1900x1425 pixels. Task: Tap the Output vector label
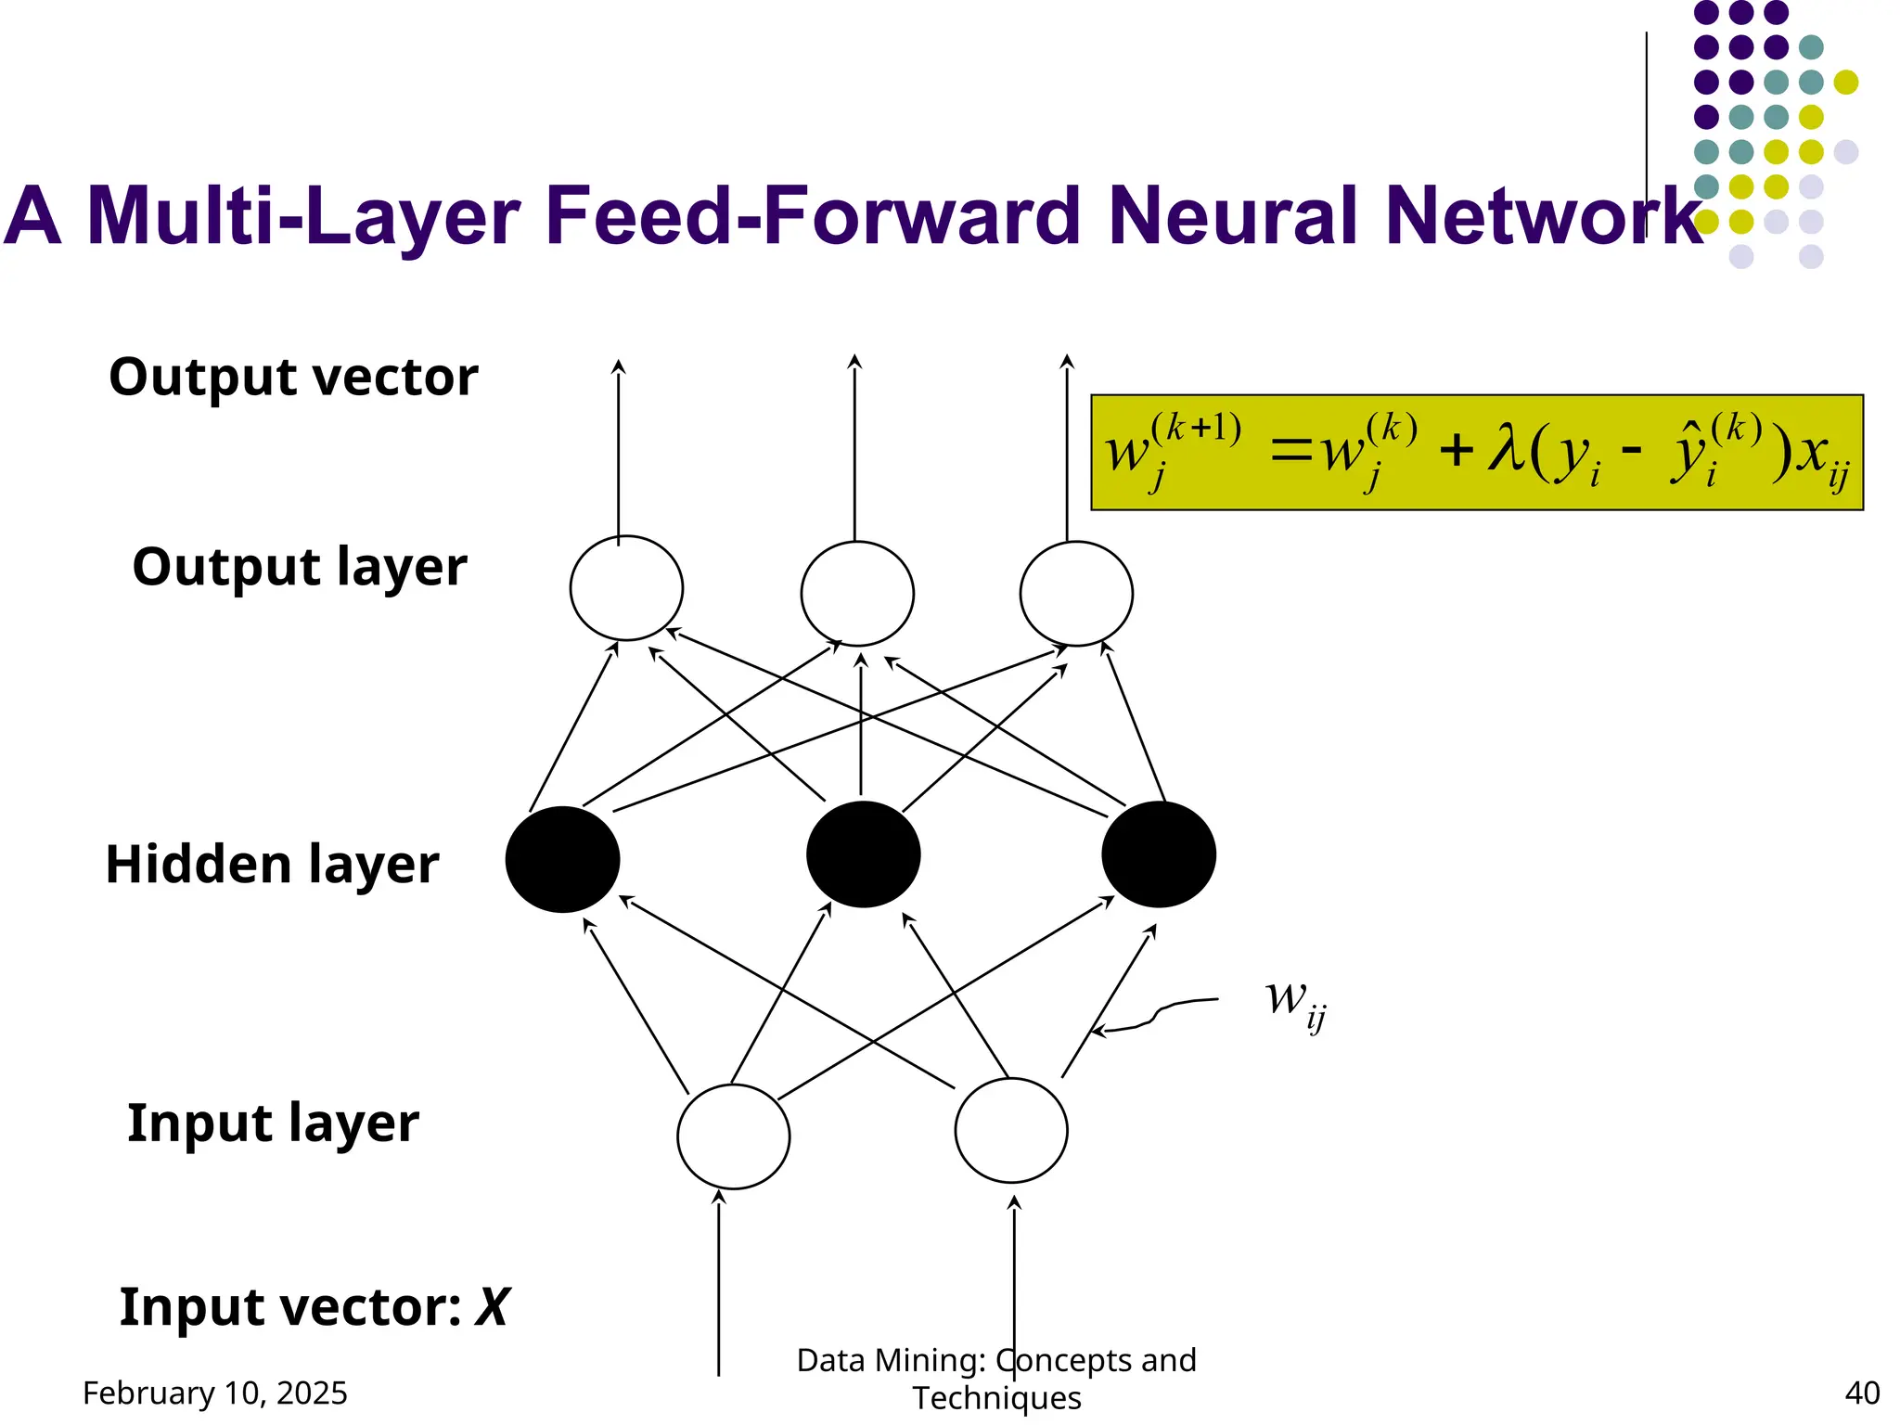(293, 377)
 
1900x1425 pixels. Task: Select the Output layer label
(299, 567)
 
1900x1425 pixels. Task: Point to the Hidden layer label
(272, 865)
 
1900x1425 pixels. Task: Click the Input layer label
(273, 1123)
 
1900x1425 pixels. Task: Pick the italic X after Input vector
(492, 1307)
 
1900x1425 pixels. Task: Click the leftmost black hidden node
(562, 859)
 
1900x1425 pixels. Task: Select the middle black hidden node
(863, 854)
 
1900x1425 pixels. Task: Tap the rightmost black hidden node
(1159, 854)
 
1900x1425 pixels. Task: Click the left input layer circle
(733, 1136)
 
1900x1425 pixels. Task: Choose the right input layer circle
(1011, 1130)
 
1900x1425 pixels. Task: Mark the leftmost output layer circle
(626, 588)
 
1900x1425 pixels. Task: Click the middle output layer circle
(857, 594)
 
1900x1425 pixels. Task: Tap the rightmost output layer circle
(1076, 594)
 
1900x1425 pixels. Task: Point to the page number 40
(1862, 1393)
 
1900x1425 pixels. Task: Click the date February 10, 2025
(215, 1393)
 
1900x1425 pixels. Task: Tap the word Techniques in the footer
(996, 1398)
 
